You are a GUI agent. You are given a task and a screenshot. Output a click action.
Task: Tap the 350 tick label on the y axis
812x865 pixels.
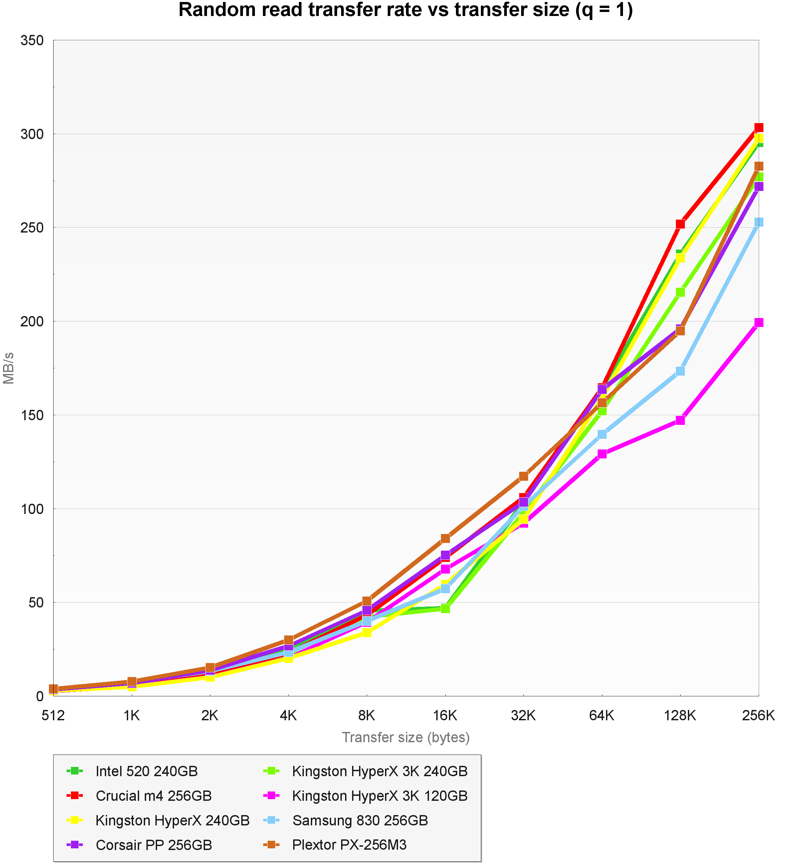tap(32, 41)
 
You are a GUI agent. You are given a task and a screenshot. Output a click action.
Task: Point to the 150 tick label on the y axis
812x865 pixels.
tap(32, 415)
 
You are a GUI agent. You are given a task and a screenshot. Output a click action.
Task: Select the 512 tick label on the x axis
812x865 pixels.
tap(53, 715)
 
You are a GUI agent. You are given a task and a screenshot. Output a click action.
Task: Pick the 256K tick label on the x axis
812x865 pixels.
tap(758, 715)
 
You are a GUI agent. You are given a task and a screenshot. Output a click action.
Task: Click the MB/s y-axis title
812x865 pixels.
tap(9, 368)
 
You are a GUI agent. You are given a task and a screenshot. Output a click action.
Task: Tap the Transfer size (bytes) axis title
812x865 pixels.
tap(406, 738)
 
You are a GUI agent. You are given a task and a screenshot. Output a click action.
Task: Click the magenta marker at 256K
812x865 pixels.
tap(758, 322)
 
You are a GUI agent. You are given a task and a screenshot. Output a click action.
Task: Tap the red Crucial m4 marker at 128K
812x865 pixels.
tap(680, 224)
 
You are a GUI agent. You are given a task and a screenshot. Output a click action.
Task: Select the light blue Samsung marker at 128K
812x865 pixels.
tap(680, 371)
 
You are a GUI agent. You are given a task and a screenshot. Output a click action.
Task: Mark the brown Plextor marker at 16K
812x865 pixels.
tap(445, 538)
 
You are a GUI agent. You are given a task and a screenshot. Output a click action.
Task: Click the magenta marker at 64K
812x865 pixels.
tap(602, 454)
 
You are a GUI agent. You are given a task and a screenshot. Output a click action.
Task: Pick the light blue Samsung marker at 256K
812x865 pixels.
tap(758, 222)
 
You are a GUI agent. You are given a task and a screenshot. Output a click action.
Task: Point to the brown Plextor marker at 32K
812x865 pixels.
tap(523, 476)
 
